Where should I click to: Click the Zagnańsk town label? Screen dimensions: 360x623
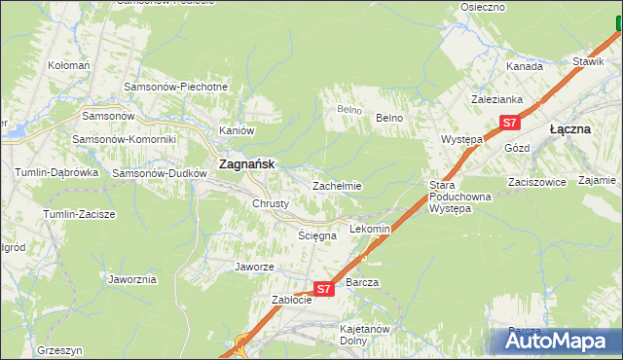coord(246,164)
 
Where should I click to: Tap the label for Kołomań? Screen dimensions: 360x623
coord(69,65)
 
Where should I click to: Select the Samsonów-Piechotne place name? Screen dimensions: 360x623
coord(175,87)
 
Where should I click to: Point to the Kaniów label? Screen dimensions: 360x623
coord(237,130)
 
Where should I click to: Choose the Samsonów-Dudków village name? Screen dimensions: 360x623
coord(160,173)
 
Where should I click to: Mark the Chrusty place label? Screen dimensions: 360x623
coord(271,203)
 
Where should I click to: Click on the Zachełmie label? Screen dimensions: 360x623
coord(337,186)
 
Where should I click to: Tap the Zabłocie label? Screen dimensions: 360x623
coord(291,300)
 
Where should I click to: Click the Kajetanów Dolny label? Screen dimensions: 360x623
coord(365,335)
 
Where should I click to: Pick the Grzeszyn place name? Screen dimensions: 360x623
coord(59,349)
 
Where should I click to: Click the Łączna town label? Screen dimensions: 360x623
coord(570,128)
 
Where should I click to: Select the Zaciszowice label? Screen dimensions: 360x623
coord(536,181)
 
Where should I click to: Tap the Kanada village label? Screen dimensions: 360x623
coord(524,66)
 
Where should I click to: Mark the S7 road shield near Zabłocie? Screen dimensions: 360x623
coord(325,289)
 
